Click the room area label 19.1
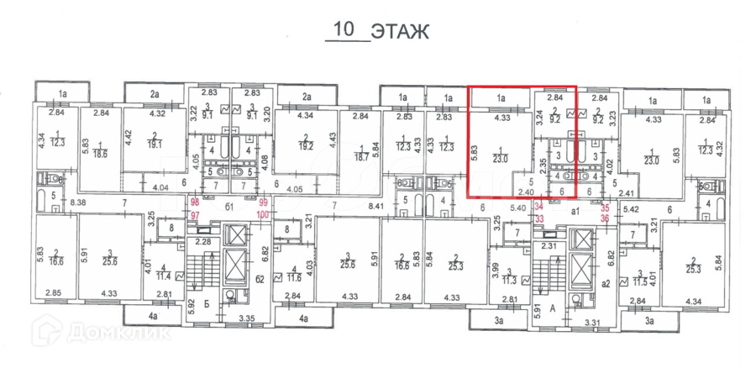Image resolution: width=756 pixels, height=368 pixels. [x=155, y=143]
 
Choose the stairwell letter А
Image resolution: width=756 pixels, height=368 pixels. [x=552, y=308]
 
